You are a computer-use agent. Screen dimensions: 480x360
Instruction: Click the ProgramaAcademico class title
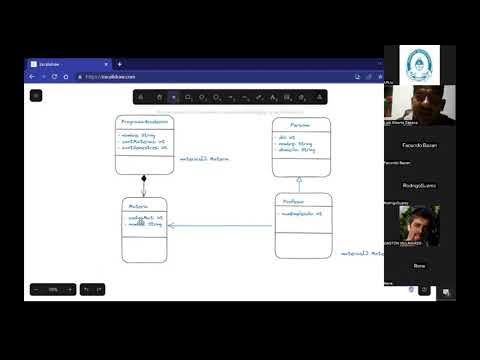click(x=144, y=121)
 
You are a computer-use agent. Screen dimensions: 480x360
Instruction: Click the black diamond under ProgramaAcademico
click(x=144, y=180)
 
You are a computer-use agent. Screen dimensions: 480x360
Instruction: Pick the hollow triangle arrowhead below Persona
click(x=299, y=181)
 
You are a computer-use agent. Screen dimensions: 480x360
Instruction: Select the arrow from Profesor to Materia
click(x=220, y=225)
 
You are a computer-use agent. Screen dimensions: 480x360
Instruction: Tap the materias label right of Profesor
click(x=361, y=253)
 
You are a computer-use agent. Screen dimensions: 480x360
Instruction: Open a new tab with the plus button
click(x=87, y=63)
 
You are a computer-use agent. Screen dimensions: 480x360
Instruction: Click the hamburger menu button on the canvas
click(x=36, y=96)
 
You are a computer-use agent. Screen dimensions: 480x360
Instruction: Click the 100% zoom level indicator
click(x=53, y=289)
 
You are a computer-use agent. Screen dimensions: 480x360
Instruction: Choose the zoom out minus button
click(x=37, y=289)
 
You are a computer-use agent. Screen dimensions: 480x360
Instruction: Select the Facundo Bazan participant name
click(x=419, y=145)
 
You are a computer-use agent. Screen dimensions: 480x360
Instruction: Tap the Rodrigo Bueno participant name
click(x=419, y=185)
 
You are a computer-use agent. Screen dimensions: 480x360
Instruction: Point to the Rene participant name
click(x=419, y=265)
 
